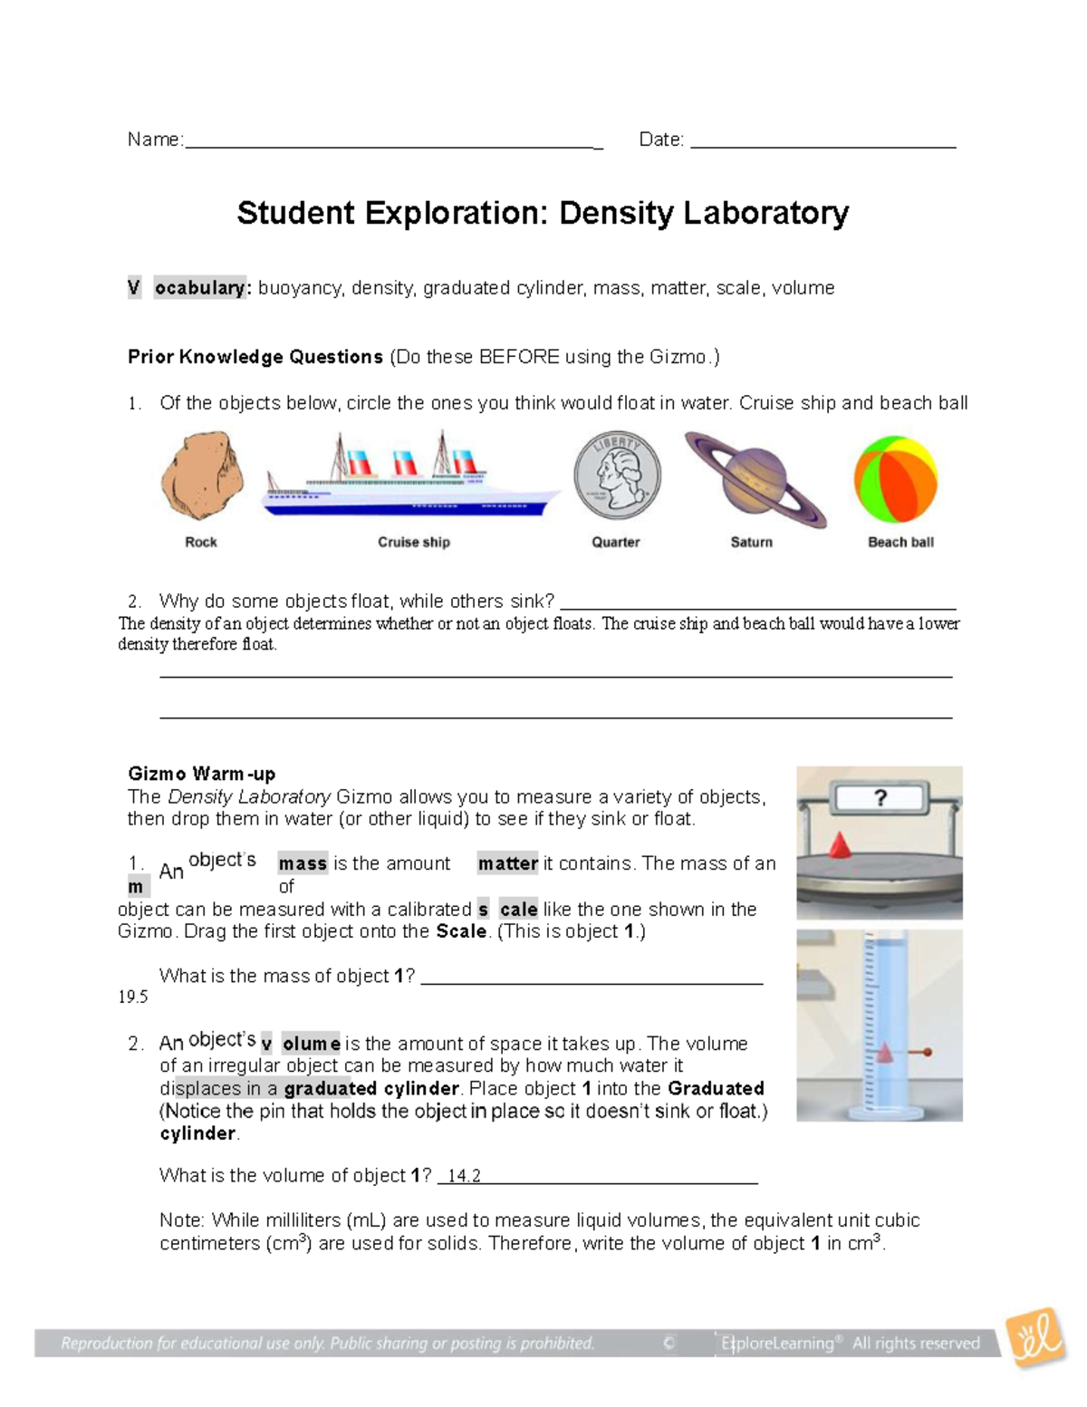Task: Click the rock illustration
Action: [x=202, y=477]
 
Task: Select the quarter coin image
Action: [x=617, y=476]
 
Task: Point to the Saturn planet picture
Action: [x=754, y=478]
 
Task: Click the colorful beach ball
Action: [x=895, y=479]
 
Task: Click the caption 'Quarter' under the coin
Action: [x=616, y=542]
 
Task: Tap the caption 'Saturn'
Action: [x=752, y=542]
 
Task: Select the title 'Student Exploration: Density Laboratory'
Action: [x=543, y=213]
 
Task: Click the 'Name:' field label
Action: [x=155, y=140]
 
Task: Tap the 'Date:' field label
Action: [x=661, y=140]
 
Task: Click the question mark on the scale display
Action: [x=880, y=798]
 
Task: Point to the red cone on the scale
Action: [x=840, y=844]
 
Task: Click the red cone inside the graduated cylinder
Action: [x=883, y=1053]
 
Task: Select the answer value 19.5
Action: [x=133, y=997]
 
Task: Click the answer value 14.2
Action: [x=463, y=1176]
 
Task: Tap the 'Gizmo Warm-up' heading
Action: [x=201, y=774]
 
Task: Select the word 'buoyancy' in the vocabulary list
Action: [x=300, y=288]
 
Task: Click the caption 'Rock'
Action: [x=200, y=542]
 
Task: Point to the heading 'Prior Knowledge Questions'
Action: [x=255, y=357]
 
